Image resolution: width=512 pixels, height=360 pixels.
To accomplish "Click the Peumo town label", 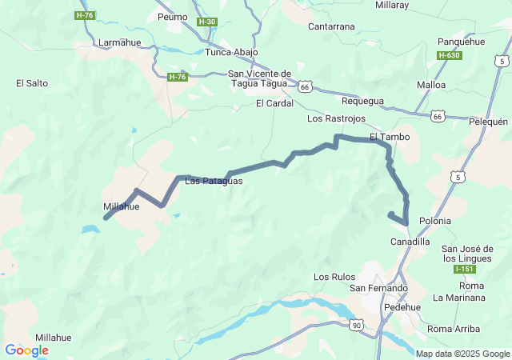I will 172,16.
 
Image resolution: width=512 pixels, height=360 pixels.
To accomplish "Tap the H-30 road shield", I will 206,22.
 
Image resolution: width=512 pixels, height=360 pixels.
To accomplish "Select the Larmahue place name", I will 118,42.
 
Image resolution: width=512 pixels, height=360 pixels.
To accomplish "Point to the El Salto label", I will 32,82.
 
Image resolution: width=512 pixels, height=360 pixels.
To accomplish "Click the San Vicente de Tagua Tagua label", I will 258,78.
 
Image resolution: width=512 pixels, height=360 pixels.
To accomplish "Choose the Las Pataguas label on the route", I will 214,181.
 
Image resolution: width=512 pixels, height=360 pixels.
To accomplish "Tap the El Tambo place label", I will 390,137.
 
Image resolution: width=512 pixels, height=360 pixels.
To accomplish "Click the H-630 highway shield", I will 449,55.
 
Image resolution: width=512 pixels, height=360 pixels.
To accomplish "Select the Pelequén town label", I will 488,122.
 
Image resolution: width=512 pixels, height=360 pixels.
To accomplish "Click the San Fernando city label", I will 378,288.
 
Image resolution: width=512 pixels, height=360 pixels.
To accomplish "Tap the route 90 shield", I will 356,325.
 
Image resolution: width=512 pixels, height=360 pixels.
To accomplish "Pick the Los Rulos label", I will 334,277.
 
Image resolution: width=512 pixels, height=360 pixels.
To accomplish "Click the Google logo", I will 26,350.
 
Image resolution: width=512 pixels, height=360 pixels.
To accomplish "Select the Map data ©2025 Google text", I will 462,354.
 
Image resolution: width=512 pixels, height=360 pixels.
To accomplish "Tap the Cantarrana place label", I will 331,26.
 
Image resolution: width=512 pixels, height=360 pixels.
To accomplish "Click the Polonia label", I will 434,221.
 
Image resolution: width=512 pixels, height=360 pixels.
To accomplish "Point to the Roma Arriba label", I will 454,329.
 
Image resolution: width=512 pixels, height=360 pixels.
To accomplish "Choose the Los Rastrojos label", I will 336,118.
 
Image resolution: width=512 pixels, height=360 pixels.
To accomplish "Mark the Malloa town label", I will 432,84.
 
